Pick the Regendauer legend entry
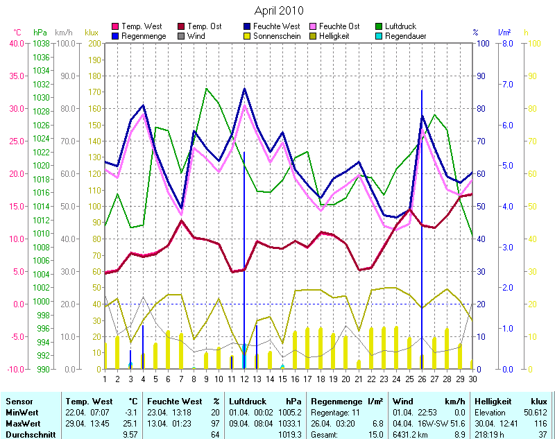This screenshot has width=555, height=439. [x=406, y=36]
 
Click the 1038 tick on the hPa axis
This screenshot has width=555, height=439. [x=41, y=43]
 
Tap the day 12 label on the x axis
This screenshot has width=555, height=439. [x=244, y=378]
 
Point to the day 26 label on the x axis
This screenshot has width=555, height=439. [x=422, y=378]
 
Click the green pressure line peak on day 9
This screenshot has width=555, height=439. [x=206, y=88]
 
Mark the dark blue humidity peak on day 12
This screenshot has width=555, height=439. [x=244, y=89]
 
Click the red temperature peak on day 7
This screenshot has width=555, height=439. [x=181, y=221]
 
